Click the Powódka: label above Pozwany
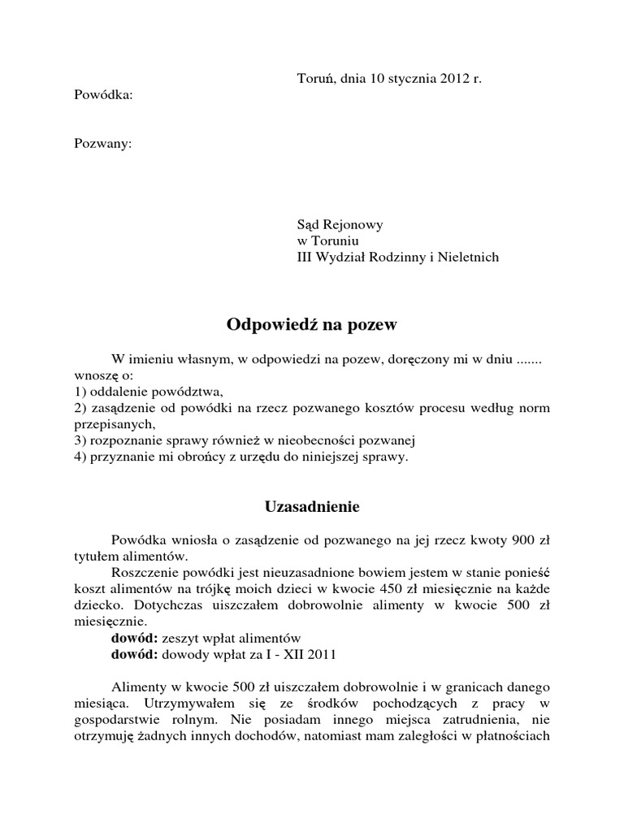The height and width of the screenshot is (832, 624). [103, 95]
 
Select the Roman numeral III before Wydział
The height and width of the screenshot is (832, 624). [305, 258]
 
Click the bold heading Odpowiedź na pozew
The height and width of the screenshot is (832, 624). [312, 325]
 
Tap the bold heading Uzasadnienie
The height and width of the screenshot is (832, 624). [312, 506]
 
